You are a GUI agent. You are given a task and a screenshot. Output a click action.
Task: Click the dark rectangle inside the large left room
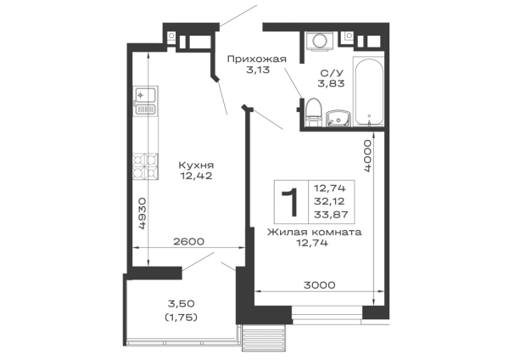pos(197,168)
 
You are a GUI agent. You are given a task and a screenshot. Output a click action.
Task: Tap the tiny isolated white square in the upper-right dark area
pos(316,111)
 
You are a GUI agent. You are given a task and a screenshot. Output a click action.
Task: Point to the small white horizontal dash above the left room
pos(197,44)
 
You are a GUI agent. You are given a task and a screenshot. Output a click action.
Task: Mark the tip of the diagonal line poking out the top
pos(253,5)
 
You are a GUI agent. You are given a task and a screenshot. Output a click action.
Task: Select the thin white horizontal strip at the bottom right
pos(315,295)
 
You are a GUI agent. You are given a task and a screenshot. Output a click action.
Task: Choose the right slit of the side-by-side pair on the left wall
pos(154,136)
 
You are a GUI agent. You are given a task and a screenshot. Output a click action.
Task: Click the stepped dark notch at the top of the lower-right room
pos(314,243)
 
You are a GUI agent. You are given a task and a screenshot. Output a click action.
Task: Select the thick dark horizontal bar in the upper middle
pos(255,62)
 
